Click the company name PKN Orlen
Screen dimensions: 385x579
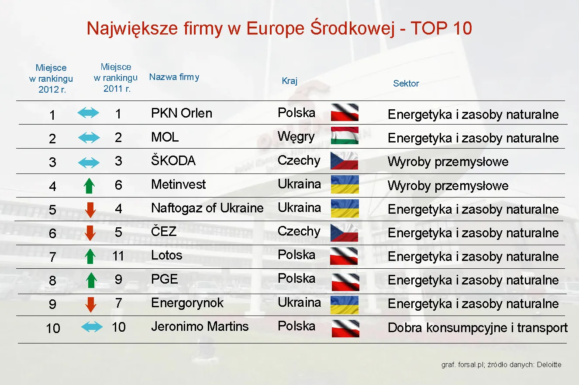point(182,113)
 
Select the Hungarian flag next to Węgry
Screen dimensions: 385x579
point(345,136)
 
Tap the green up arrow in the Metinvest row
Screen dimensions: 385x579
point(89,186)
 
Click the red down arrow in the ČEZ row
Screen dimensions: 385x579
point(90,232)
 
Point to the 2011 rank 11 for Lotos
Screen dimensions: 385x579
point(118,256)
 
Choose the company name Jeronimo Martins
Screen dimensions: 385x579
point(200,326)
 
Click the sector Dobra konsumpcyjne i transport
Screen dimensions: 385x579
point(478,328)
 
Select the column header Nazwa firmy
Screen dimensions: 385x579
point(174,77)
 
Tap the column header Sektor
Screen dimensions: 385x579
point(406,83)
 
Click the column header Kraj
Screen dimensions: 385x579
point(289,81)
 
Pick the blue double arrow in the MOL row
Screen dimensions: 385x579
point(89,138)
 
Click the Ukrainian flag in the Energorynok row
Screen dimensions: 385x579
point(345,305)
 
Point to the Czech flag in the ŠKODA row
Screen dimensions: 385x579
point(345,160)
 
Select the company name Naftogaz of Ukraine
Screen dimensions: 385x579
point(207,208)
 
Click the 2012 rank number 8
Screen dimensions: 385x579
point(52,281)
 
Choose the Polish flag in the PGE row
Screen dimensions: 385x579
point(345,281)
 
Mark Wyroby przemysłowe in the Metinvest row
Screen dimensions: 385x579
point(448,186)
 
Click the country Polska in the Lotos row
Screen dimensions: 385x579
point(296,255)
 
